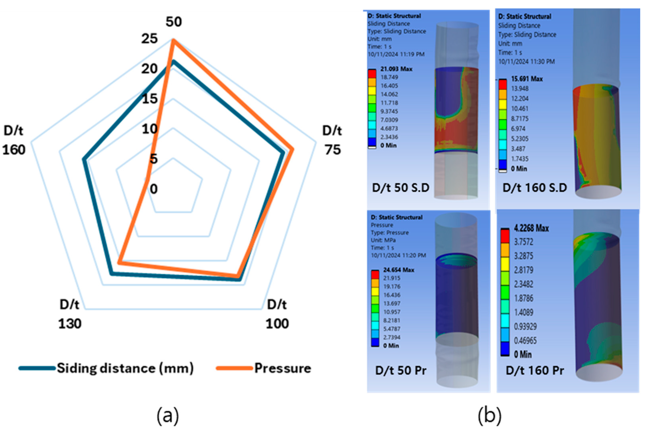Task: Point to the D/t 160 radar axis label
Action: (14, 140)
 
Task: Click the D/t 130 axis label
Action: (70, 314)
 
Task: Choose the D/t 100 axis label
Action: (277, 314)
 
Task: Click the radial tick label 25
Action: (150, 39)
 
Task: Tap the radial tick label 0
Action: (154, 189)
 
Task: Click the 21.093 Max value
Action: (396, 69)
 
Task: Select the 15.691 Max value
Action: (527, 79)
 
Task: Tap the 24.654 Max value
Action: (398, 270)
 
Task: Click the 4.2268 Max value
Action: (531, 228)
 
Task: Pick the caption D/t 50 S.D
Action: (400, 188)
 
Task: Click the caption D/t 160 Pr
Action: (535, 371)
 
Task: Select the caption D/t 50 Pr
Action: (401, 371)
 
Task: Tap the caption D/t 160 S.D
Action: (535, 188)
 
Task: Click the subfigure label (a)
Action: (168, 416)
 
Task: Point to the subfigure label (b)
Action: (489, 416)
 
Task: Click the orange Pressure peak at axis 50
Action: (173, 40)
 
